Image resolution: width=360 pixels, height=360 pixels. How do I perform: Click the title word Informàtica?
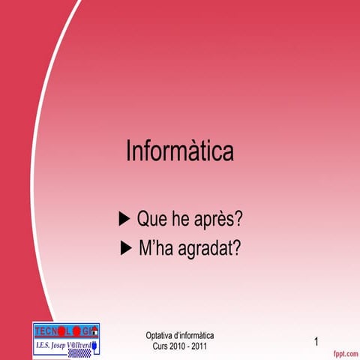click(180, 151)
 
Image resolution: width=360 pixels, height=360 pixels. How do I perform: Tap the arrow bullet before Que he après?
click(125, 219)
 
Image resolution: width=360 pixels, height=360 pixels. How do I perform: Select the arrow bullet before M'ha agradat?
click(126, 248)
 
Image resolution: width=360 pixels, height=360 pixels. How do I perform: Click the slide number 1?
click(316, 342)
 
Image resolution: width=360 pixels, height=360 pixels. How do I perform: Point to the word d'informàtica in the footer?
click(194, 335)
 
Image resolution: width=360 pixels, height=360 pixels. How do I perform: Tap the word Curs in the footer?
click(160, 346)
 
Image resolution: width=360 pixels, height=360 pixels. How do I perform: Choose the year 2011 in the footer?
click(199, 346)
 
